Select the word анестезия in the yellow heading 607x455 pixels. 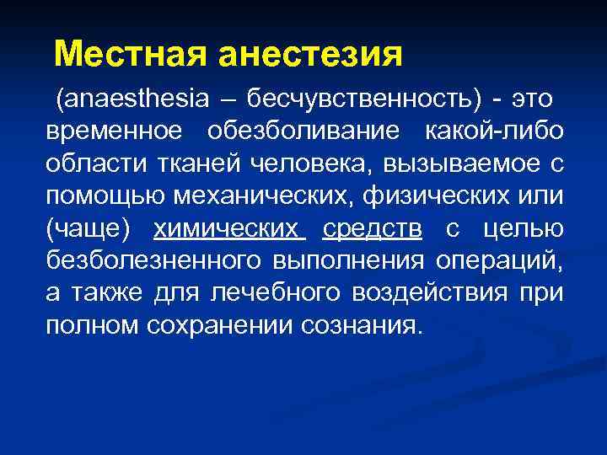coord(310,55)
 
